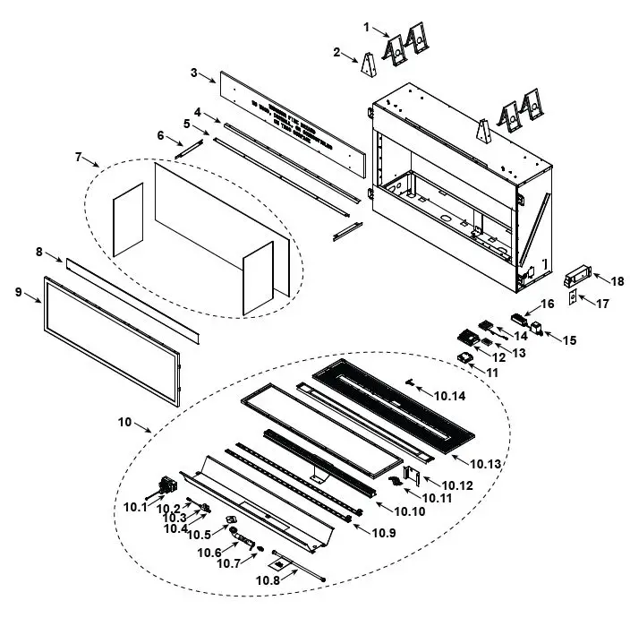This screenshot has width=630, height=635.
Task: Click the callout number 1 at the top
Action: pos(366,27)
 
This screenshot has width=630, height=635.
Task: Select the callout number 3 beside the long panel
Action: pos(194,72)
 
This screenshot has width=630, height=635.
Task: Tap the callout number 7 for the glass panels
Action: pos(78,158)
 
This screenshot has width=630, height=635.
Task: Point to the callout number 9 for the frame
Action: pos(19,291)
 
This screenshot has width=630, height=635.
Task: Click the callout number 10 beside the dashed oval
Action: pos(123,420)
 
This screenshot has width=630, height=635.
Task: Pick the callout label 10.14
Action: pos(449,394)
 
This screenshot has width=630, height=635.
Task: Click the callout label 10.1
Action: pos(134,506)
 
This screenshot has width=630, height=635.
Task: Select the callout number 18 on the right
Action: pos(617,280)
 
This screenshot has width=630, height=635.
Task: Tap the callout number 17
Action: pos(602,303)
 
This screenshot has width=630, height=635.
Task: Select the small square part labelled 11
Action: pos(464,357)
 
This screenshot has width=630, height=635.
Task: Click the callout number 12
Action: pos(499,357)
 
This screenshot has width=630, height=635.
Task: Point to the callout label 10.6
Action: pos(209,553)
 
